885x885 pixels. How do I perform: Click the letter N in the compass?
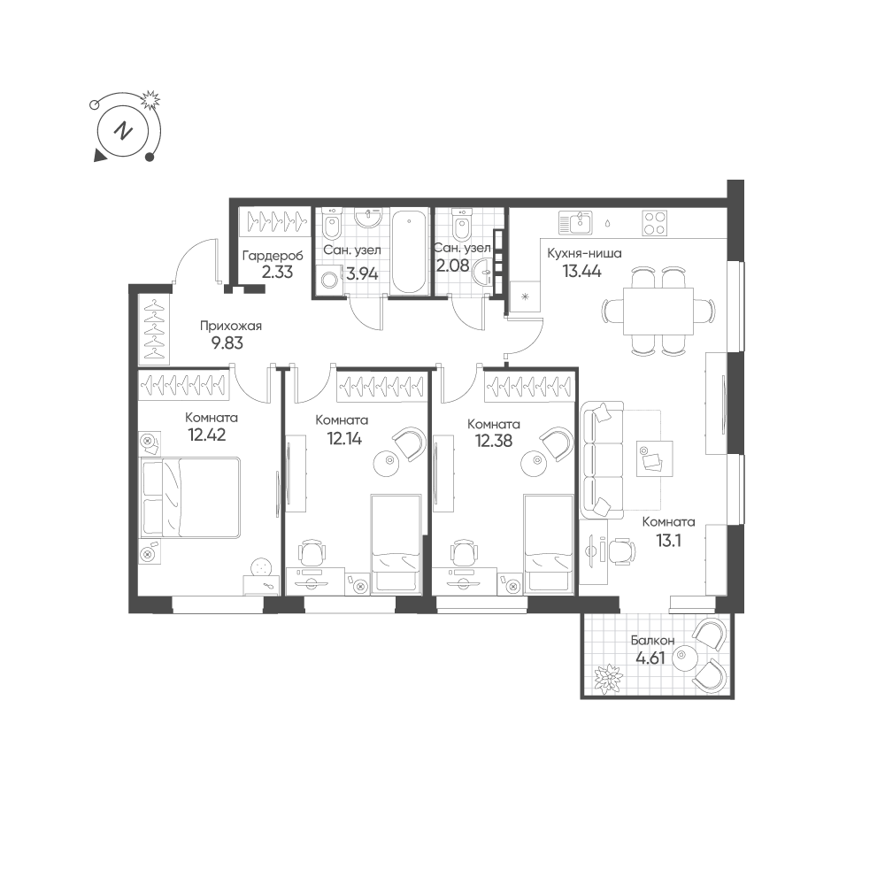tap(123, 132)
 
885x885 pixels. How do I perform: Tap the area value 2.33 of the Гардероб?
tap(277, 272)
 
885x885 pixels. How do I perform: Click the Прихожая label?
tap(231, 327)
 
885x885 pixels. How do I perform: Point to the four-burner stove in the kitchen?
tap(655, 223)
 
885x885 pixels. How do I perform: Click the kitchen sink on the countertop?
tap(574, 223)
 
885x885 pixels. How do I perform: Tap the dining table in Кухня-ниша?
tap(658, 311)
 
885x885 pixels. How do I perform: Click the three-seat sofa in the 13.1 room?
tap(602, 460)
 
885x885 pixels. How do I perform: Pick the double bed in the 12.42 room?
tap(190, 497)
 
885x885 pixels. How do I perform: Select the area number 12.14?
tap(344, 438)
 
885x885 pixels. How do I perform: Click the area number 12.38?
tap(494, 441)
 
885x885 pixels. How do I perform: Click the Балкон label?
tap(652, 641)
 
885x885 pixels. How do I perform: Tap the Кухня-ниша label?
tap(584, 253)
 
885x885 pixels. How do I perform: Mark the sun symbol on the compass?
tap(150, 101)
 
